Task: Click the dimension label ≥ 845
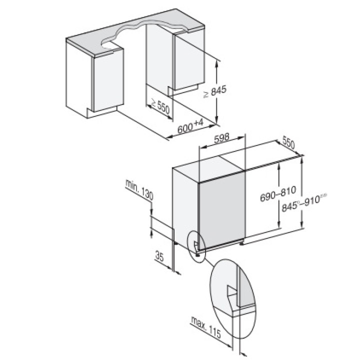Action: [x=215, y=91]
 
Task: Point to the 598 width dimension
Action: [x=222, y=139]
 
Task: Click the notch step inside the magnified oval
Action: [x=231, y=292]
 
